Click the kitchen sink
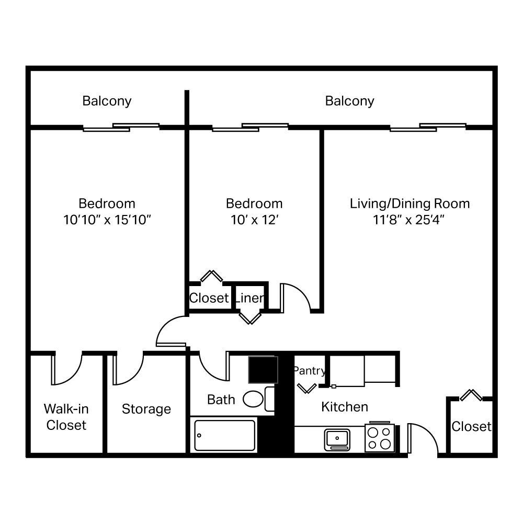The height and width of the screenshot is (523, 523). [337, 438]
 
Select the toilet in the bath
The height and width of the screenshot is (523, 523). [254, 399]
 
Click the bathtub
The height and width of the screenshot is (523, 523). [225, 435]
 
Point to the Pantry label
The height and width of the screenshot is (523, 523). [309, 371]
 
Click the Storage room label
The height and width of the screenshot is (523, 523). [146, 409]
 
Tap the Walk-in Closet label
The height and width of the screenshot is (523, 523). [66, 417]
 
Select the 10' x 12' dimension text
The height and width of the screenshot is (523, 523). [254, 220]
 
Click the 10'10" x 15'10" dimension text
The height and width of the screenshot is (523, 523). [107, 220]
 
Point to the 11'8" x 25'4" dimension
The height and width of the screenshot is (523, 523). [410, 220]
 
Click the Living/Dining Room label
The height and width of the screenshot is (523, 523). [410, 203]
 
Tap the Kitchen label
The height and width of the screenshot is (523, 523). [345, 406]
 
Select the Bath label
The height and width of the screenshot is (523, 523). [221, 400]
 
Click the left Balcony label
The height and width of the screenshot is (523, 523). [107, 100]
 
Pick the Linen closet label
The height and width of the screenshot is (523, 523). [249, 298]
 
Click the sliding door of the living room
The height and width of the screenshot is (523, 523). [428, 127]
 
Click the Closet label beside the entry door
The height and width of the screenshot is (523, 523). [471, 427]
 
